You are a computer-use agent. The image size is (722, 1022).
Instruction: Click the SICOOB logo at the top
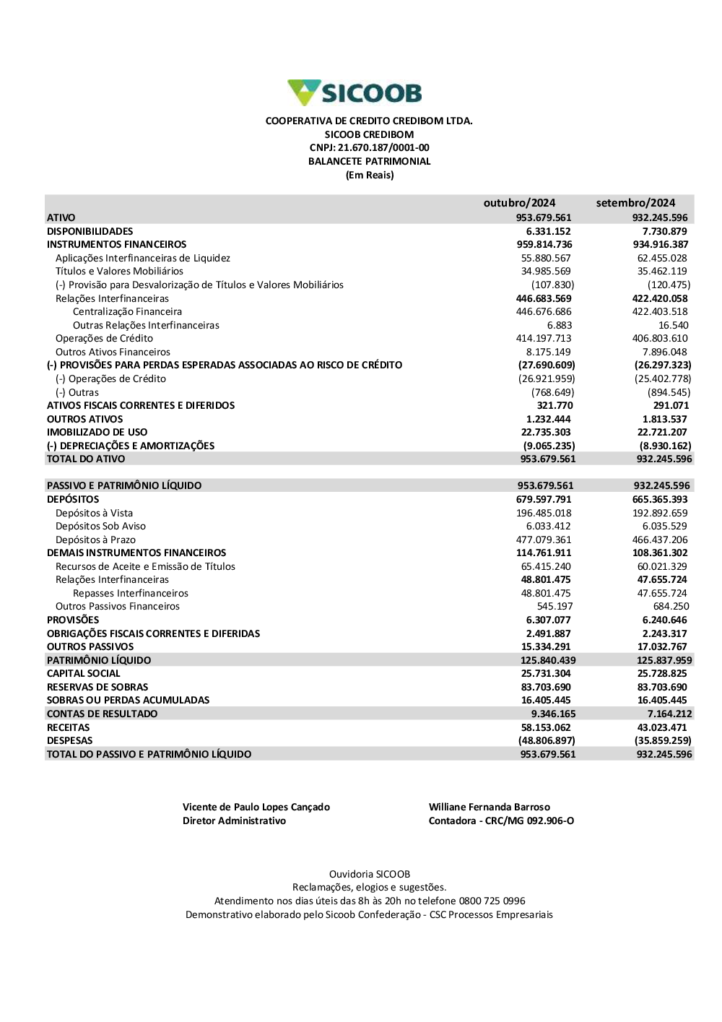[355, 93]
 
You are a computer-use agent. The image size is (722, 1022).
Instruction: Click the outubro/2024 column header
[519, 203]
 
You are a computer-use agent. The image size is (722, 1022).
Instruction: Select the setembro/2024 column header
[635, 203]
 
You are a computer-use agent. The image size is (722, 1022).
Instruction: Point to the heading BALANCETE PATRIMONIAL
[369, 162]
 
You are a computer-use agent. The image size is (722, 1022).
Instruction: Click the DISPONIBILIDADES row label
[90, 231]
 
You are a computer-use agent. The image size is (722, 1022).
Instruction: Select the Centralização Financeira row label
[127, 312]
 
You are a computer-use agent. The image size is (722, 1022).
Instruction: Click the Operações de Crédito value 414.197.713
[546, 339]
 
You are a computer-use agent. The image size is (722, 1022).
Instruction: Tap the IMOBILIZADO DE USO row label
[97, 433]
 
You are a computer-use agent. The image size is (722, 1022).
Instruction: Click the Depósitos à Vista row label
[94, 514]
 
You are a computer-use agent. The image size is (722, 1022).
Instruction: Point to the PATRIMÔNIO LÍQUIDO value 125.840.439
[548, 661]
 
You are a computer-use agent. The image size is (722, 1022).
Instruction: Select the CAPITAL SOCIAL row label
[84, 674]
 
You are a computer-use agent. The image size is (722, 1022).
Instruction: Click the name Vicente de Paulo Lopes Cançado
[256, 807]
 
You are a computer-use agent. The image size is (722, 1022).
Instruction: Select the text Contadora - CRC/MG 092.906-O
[501, 821]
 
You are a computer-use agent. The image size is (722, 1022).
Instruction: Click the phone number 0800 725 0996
[492, 901]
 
